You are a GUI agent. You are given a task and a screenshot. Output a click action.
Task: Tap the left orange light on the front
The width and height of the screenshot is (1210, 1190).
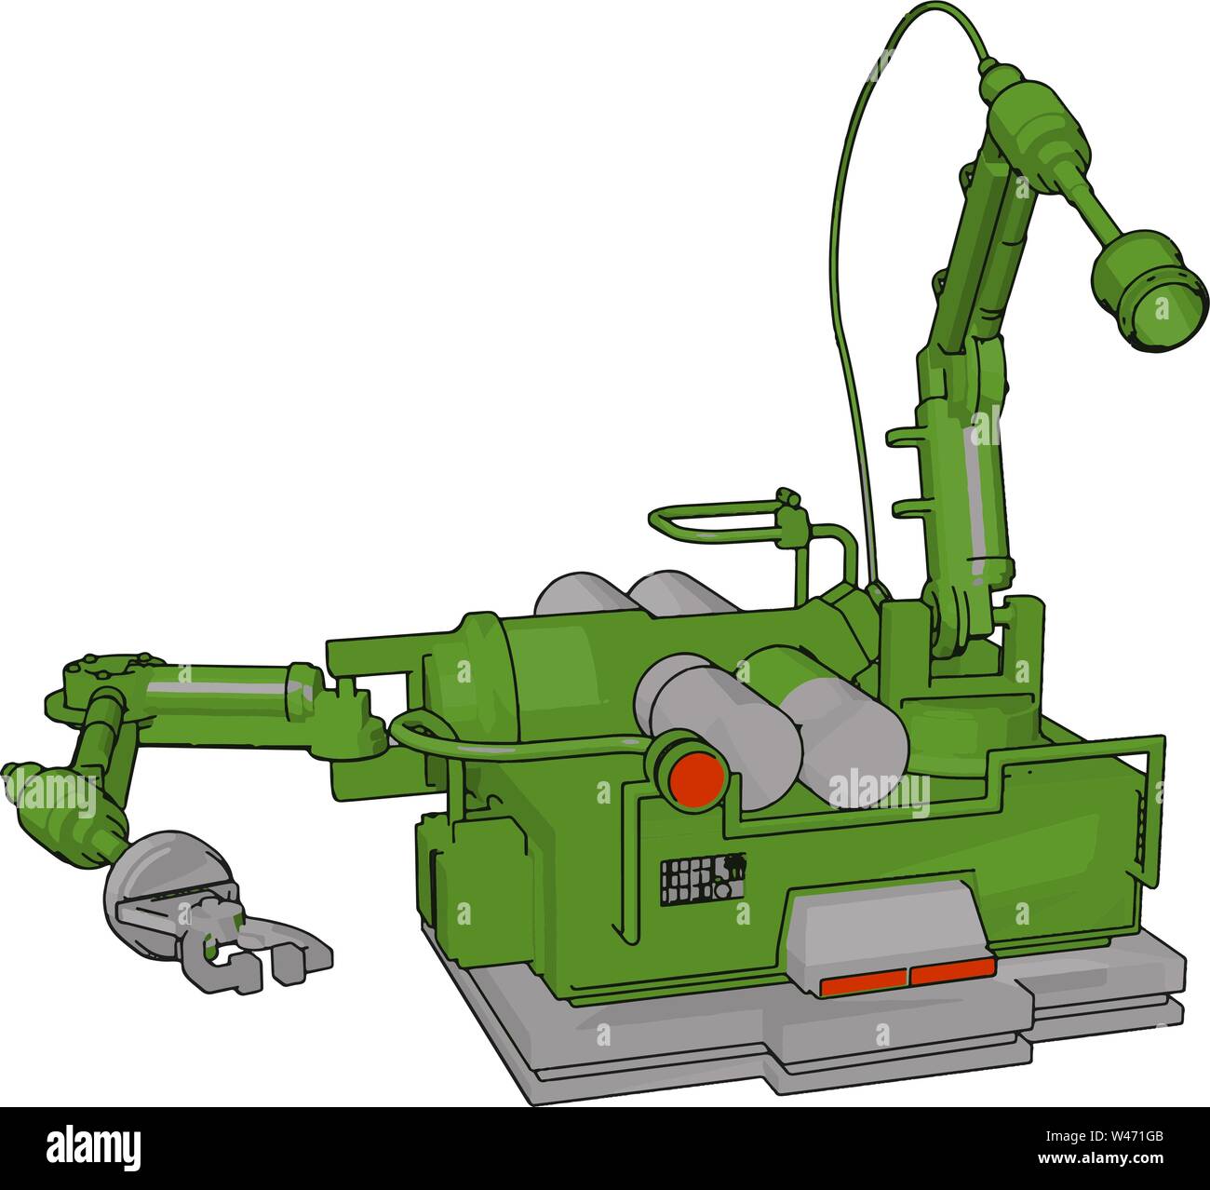pyautogui.click(x=864, y=980)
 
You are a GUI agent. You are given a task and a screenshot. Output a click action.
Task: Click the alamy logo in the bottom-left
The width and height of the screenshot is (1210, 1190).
pyautogui.click(x=93, y=1144)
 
